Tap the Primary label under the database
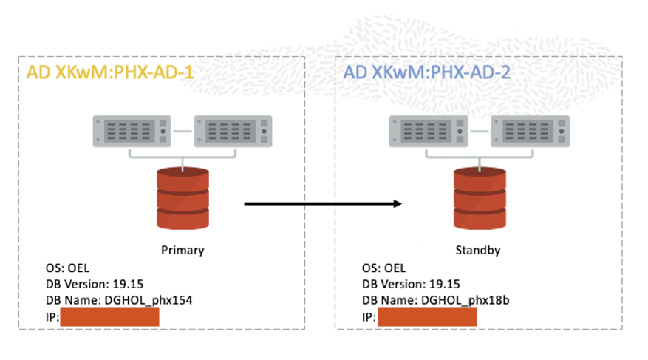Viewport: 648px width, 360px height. click(183, 250)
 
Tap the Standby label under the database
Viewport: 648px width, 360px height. click(477, 250)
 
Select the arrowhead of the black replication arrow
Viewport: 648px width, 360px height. click(398, 203)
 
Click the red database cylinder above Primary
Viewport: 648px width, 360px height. click(183, 198)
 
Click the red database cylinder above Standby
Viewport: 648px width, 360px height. click(478, 198)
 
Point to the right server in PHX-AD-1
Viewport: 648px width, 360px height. click(232, 132)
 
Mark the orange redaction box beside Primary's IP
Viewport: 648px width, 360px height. click(110, 317)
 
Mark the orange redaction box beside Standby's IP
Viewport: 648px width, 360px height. click(427, 317)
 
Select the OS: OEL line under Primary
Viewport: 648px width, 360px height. click(67, 268)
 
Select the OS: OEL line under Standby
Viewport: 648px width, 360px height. click(384, 268)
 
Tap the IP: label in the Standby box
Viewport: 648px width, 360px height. click(369, 317)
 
